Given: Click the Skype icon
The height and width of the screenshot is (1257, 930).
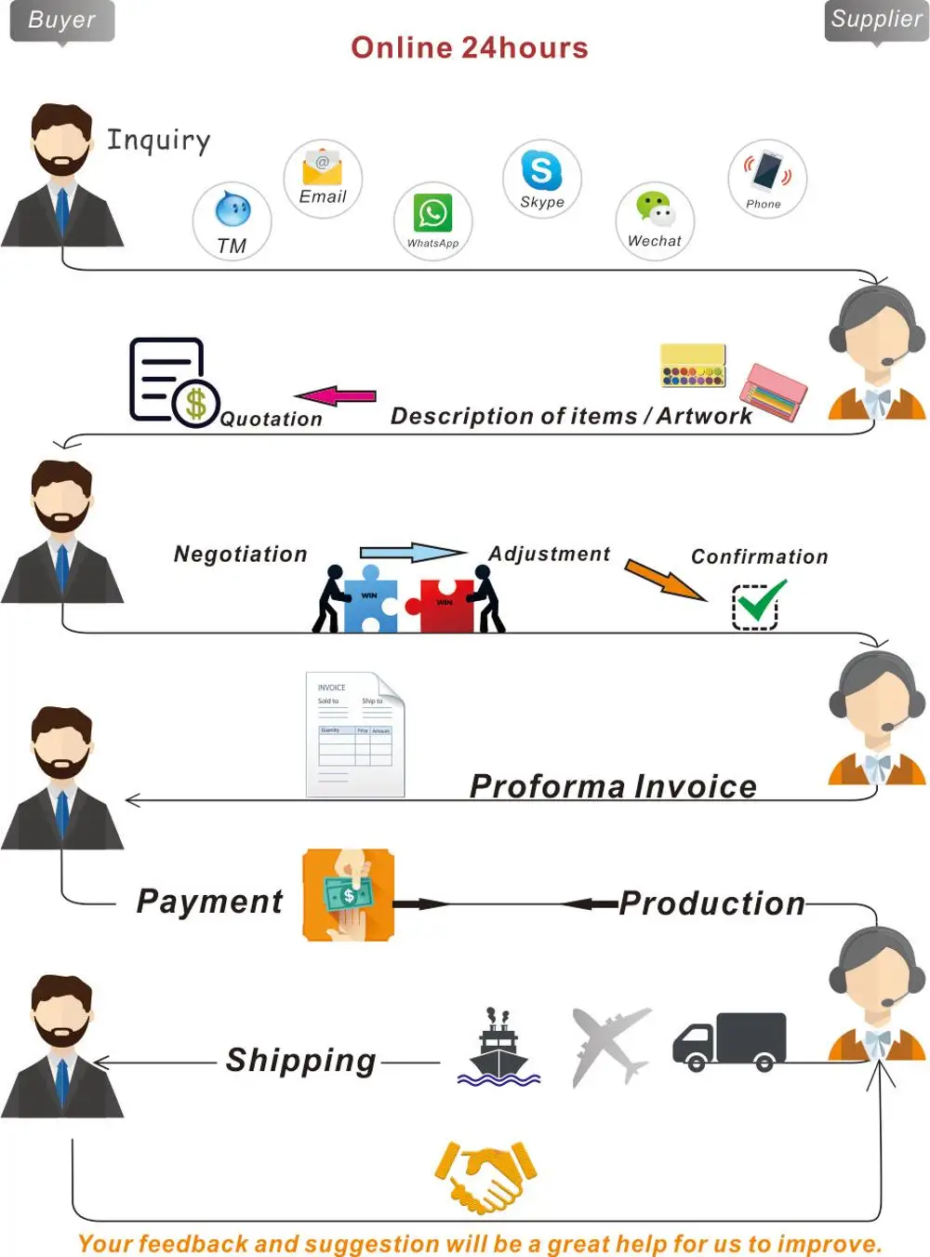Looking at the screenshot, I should (x=541, y=170).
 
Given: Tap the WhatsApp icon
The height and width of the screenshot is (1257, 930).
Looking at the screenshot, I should (x=433, y=213).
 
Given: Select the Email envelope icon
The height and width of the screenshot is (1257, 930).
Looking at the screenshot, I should (x=322, y=167).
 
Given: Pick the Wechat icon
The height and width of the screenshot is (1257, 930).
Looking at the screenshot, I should (x=655, y=209).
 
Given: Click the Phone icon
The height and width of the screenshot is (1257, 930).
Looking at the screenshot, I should (x=767, y=170).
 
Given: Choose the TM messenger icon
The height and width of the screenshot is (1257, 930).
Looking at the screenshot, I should (x=232, y=210).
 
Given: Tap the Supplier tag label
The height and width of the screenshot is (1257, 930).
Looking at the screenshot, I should (x=876, y=20).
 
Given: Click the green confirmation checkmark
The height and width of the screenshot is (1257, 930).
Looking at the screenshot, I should (x=759, y=603).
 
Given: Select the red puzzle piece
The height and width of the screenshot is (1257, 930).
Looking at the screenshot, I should (x=446, y=605).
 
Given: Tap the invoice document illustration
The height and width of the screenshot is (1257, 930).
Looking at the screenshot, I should (x=355, y=734).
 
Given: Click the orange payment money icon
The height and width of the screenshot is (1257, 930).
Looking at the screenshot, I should (x=348, y=895).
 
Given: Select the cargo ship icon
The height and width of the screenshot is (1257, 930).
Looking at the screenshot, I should (x=498, y=1050).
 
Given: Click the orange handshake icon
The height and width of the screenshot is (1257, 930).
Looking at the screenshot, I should (x=485, y=1176).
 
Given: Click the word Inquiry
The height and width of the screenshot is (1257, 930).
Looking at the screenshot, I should (x=159, y=140).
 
